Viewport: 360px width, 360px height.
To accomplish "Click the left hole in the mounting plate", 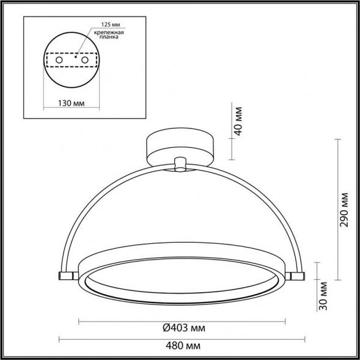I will pos(58,61).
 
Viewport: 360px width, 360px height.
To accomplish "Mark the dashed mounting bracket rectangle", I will pos(72,61).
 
